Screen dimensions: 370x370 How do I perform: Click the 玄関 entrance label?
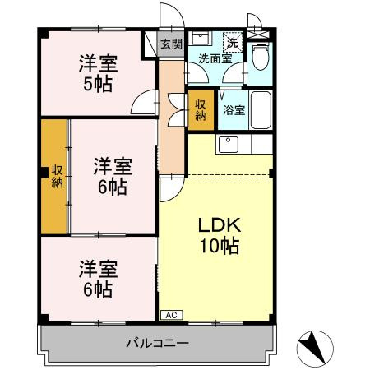[171, 44]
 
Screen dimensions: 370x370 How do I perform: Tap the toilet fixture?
[261, 58]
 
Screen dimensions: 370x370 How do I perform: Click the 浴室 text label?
[234, 110]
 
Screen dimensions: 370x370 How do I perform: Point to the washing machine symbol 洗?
[233, 43]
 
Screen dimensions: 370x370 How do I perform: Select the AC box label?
[172, 315]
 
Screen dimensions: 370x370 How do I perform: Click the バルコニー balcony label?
[159, 342]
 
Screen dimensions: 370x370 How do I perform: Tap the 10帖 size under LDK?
[218, 245]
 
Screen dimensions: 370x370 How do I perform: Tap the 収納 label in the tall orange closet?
[57, 176]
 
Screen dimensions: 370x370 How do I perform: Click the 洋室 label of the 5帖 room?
[96, 62]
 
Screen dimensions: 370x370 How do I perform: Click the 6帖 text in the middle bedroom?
[109, 187]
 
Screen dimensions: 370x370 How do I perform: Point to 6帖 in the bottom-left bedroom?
[97, 289]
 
